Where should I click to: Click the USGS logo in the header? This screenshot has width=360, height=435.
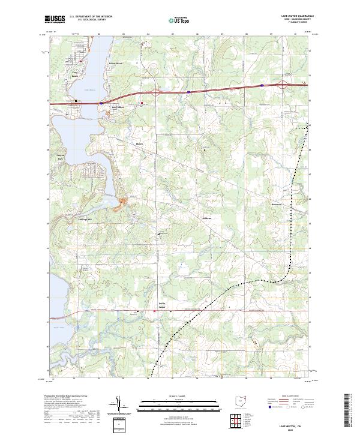click(55, 19)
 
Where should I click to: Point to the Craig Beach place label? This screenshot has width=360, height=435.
click(59, 76)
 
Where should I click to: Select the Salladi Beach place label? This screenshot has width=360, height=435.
click(115, 64)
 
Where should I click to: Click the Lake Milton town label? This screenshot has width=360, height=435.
click(119, 108)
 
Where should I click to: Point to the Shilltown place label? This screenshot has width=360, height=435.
click(208, 218)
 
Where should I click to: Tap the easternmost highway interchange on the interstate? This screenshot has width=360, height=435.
click(262, 86)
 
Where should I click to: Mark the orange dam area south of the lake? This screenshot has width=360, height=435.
click(125, 203)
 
